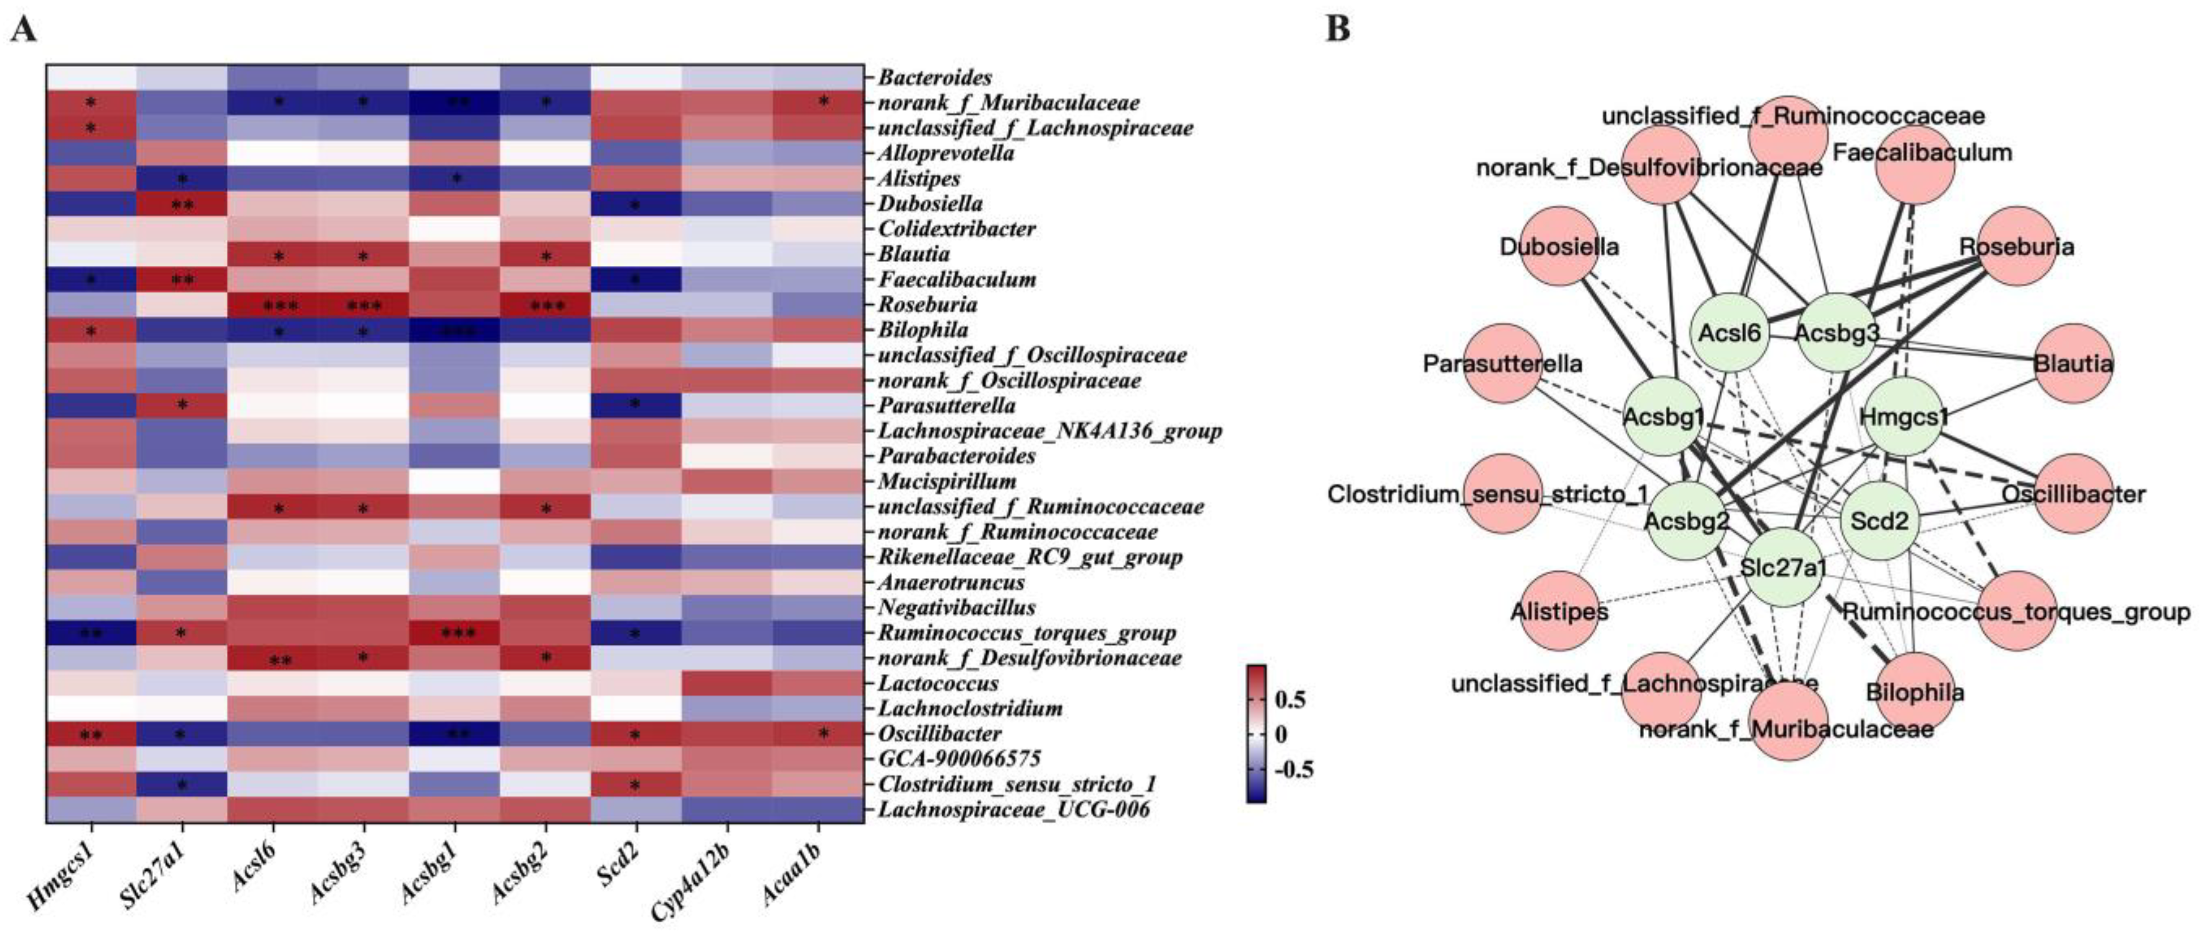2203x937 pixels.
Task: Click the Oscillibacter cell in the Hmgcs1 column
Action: pos(91,733)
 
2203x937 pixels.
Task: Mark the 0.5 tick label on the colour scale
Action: pos(1290,700)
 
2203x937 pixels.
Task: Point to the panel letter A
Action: pos(23,29)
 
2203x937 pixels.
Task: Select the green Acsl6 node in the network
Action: pos(1729,332)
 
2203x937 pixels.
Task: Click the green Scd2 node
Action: pos(1879,520)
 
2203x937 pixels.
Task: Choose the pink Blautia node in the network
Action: pos(2073,364)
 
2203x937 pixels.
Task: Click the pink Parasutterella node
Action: pos(1502,364)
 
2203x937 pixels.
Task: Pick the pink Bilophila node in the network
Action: pos(1915,691)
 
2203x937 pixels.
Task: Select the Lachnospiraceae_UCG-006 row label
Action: pos(1013,809)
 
